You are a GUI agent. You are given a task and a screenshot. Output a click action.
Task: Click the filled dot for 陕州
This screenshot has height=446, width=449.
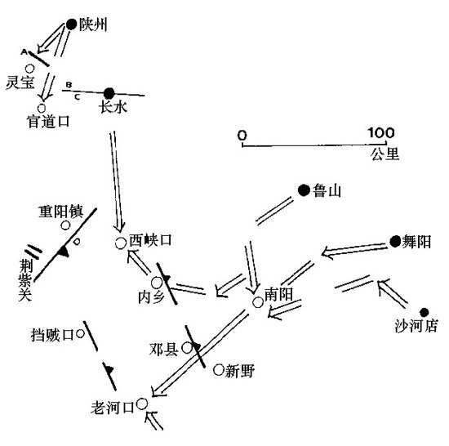[71, 25]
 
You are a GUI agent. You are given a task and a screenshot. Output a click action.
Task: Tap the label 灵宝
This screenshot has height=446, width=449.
[20, 83]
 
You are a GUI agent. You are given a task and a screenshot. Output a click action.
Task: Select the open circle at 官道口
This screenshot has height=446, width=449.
[42, 109]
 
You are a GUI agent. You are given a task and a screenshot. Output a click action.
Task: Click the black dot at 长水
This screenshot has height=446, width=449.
[109, 93]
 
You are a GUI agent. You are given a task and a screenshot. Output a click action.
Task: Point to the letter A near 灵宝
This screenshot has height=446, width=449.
[24, 51]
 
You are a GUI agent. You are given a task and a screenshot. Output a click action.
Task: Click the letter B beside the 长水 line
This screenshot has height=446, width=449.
[69, 85]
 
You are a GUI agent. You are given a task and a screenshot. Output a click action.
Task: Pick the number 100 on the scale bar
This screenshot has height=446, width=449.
[381, 132]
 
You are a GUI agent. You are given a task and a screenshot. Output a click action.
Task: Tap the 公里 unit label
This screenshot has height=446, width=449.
[385, 154]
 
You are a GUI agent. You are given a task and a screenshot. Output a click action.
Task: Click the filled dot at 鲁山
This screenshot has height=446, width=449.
[304, 190]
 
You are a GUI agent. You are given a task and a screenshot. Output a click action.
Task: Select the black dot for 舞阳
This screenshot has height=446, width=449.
[395, 242]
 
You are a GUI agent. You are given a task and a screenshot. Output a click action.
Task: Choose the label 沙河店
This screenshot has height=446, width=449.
[416, 326]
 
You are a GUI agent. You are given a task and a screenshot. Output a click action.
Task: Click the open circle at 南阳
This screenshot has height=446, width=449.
[258, 302]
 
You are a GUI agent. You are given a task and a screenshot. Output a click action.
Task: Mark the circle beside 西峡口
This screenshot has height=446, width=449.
[121, 243]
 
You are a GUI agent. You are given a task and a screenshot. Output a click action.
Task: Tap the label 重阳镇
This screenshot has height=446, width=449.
[61, 212]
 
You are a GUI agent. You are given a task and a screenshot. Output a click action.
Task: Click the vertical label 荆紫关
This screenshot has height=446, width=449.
[25, 280]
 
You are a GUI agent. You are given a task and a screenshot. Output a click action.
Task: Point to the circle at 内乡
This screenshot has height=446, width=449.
[157, 283]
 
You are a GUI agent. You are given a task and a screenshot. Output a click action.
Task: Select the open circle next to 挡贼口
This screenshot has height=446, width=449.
[80, 333]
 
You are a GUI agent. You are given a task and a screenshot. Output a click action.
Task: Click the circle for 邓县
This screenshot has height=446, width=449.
[187, 348]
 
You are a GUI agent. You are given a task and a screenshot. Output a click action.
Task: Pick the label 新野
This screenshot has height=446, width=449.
[240, 371]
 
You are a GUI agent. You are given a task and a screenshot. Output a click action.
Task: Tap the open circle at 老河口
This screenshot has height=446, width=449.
[142, 404]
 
